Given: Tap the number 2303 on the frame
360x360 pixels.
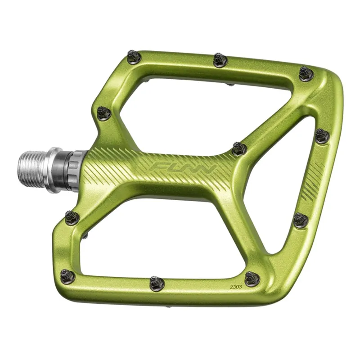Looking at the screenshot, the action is point(236,287).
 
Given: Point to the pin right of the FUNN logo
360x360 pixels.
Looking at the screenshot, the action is point(239,148).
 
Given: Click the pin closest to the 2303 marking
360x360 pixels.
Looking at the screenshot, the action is point(252,279).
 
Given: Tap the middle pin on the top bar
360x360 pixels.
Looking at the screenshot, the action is point(220,60).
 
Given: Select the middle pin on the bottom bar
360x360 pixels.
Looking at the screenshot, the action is point(157,283).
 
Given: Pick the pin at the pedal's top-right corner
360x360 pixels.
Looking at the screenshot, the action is point(307,73).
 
